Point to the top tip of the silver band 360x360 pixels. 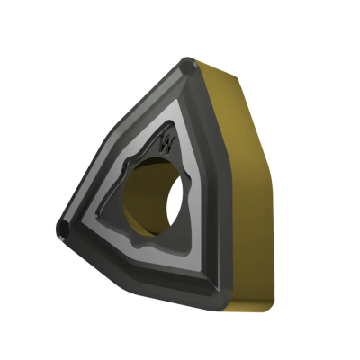(x=179, y=100)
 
